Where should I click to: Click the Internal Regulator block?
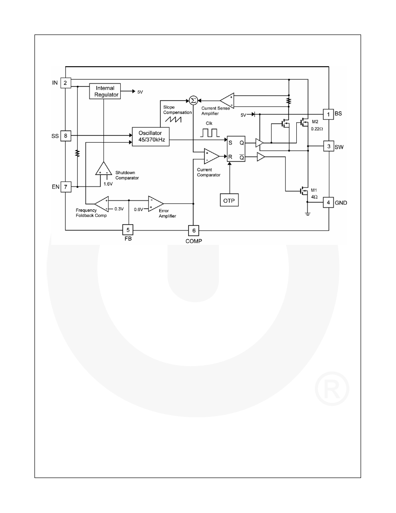[x=105, y=91]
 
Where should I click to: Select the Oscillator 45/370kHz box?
[x=150, y=137]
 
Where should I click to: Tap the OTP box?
[x=229, y=200]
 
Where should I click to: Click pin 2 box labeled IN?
[x=66, y=83]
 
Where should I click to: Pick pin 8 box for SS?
[x=66, y=135]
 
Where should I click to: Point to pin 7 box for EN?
[x=66, y=187]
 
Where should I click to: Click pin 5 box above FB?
[x=128, y=230]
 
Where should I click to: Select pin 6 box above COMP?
[x=194, y=231]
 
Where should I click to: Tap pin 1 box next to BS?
[x=328, y=114]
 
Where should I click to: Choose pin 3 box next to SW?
[x=329, y=146]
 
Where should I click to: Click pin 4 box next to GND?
[x=328, y=202]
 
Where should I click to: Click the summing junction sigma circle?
[x=193, y=100]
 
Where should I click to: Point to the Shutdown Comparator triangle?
[x=103, y=169]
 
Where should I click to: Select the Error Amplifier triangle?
[x=155, y=204]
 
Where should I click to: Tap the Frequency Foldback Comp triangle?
[x=102, y=204]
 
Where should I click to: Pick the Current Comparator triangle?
[x=211, y=156]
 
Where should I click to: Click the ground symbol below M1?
[x=307, y=215]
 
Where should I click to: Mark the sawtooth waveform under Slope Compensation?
[x=173, y=119]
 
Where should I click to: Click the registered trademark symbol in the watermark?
[x=332, y=388]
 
